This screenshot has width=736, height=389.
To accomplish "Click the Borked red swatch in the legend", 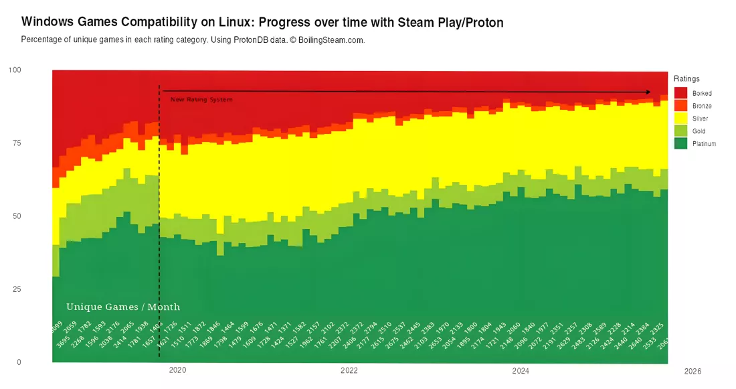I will (x=681, y=93).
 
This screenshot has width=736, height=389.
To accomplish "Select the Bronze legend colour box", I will (x=681, y=106).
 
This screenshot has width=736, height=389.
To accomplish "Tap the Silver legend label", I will (x=701, y=119).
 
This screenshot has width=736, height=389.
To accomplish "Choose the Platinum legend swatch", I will (x=681, y=143).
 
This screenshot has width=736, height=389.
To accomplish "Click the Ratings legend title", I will (x=686, y=79).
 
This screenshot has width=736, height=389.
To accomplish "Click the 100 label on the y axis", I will (x=15, y=70).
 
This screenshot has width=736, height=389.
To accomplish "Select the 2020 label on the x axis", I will (x=177, y=370).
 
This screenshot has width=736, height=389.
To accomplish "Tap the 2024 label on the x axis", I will (x=520, y=370).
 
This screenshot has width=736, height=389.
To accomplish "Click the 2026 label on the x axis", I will (x=692, y=370).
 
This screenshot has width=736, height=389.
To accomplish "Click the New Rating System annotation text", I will (x=201, y=100).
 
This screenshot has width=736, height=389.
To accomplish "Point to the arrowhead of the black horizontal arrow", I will (x=648, y=92).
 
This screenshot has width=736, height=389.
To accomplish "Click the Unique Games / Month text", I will (x=123, y=307).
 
